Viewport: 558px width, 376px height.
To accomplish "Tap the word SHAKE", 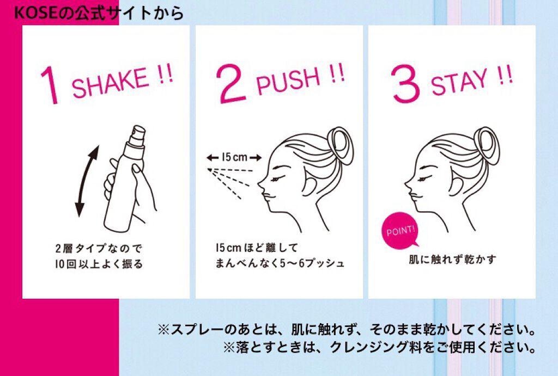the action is pyautogui.click(x=110, y=82).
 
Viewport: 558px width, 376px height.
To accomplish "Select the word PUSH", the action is pyautogui.click(x=288, y=81).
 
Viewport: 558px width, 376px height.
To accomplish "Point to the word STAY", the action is pyautogui.click(x=459, y=82).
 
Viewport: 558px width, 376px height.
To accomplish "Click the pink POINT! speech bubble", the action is pyautogui.click(x=401, y=231).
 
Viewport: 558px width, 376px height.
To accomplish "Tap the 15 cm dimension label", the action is pyautogui.click(x=234, y=157).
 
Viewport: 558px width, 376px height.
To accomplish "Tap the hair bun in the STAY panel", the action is pyautogui.click(x=488, y=146).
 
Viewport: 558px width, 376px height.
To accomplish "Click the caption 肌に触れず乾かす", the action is pyautogui.click(x=452, y=260).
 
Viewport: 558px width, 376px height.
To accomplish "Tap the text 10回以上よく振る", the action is pyautogui.click(x=99, y=264).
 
